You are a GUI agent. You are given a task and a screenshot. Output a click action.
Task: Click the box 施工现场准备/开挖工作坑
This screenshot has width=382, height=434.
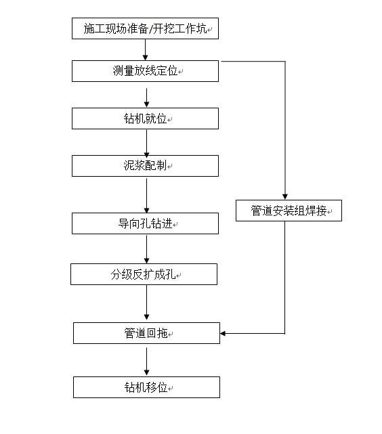click(x=145, y=29)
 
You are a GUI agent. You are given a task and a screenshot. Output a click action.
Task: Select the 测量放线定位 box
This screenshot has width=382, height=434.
click(x=145, y=71)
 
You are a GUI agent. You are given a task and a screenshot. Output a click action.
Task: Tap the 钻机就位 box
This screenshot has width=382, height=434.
click(x=145, y=118)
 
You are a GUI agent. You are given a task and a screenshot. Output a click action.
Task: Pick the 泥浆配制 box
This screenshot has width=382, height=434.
click(x=145, y=166)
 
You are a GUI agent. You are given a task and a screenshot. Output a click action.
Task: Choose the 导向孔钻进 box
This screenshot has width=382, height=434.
click(x=145, y=223)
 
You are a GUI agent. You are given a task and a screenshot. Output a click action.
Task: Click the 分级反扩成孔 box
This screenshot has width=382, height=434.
click(x=144, y=274)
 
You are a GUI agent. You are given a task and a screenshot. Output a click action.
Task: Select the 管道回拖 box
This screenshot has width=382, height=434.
click(x=146, y=333)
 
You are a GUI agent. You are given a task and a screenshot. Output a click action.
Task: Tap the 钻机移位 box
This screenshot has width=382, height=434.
click(x=146, y=387)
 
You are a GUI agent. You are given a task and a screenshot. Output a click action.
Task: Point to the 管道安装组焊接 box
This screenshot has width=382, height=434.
click(x=289, y=211)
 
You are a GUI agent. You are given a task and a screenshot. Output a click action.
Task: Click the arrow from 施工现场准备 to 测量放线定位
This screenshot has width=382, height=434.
click(x=146, y=49)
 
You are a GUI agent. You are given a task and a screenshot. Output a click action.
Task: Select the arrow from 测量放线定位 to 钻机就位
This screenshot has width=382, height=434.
click(x=146, y=95)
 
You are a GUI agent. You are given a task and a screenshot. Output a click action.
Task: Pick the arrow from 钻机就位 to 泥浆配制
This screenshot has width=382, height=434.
click(x=146, y=142)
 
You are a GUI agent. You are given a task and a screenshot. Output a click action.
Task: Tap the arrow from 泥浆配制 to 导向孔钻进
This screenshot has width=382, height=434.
click(x=146, y=194)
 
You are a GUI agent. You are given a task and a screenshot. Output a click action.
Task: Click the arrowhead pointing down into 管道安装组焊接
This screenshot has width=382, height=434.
click(x=285, y=196)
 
